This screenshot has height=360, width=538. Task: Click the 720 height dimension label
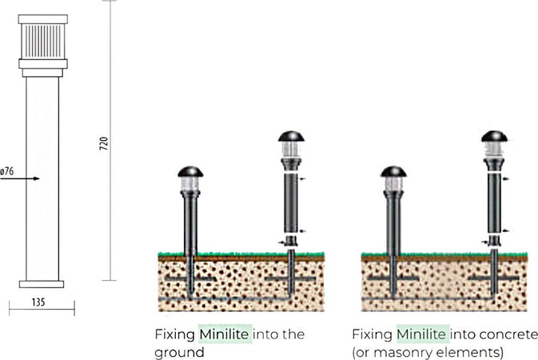[x=104, y=143]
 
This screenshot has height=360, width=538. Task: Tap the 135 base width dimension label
[x=38, y=302]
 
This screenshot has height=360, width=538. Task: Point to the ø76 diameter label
[x=7, y=171]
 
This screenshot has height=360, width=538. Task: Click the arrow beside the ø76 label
[x=20, y=178]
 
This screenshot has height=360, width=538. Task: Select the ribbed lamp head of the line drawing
[x=43, y=42]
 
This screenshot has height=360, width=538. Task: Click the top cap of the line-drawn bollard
[x=43, y=19]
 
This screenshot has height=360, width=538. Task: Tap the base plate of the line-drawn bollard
[x=42, y=284]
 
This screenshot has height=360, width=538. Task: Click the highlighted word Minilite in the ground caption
[x=225, y=334]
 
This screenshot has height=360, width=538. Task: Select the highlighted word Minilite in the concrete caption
[x=423, y=334]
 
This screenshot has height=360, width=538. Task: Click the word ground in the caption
[x=179, y=353]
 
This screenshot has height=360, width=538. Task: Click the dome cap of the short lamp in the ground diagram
[x=190, y=172]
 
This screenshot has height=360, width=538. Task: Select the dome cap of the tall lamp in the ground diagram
[x=291, y=136]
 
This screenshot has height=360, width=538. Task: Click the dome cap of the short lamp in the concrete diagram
[x=393, y=172]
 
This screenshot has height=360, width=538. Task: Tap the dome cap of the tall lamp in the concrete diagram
[x=494, y=136]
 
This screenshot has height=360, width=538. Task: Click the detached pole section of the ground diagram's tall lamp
[x=291, y=202]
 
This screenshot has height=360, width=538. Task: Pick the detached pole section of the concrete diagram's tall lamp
[x=494, y=202]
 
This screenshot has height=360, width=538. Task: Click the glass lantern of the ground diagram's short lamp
[x=190, y=184]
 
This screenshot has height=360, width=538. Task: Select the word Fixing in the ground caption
[x=174, y=334]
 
